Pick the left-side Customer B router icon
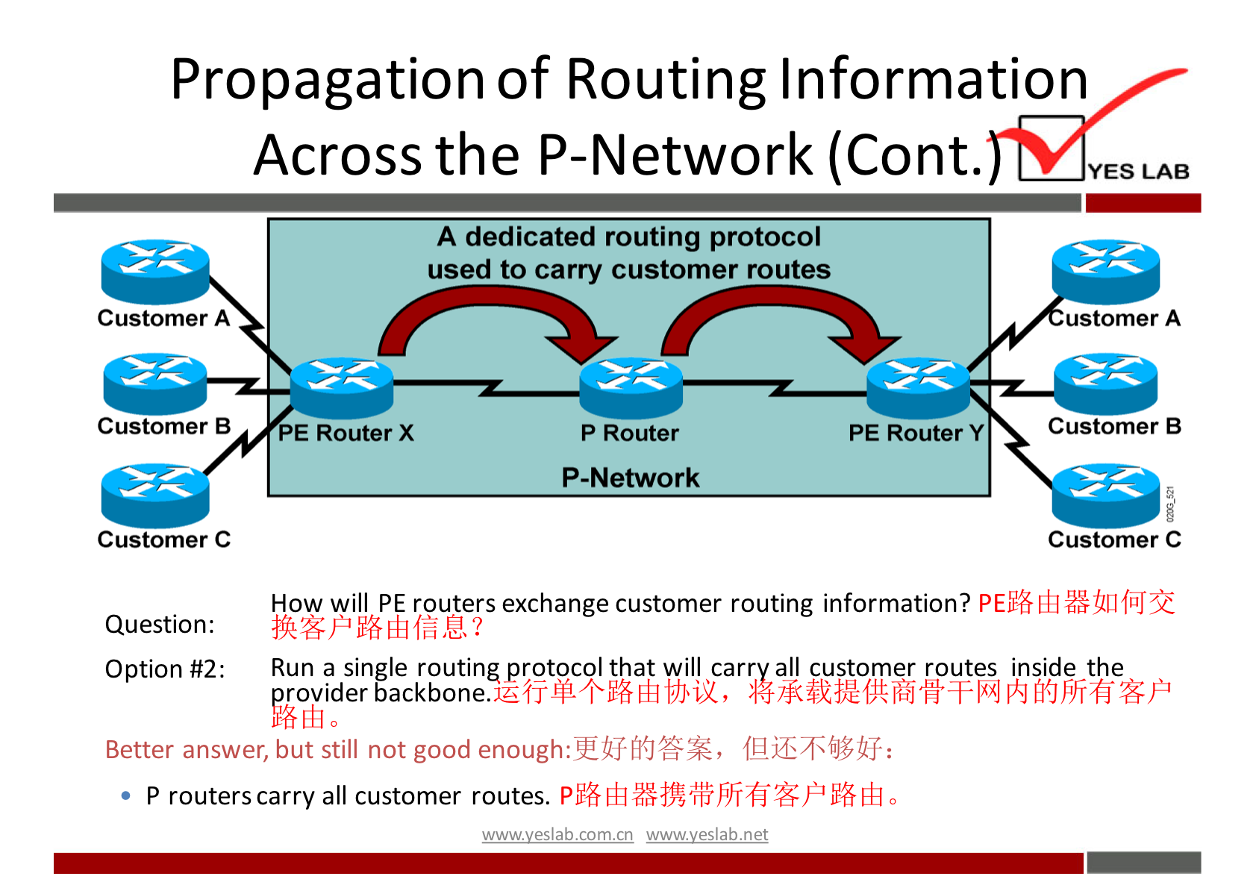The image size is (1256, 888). coord(155,383)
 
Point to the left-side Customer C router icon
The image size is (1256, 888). coord(155,495)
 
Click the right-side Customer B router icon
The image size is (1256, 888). coord(1105,383)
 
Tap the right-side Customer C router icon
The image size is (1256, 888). coord(1105,495)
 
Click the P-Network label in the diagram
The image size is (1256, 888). coord(631,478)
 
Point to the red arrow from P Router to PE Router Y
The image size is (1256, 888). coord(776,313)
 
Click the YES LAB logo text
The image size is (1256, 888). coord(1138,172)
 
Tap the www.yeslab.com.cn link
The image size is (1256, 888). coord(557,834)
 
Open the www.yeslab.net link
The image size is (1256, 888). coord(707,834)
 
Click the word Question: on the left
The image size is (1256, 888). coord(160,624)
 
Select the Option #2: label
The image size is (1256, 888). coord(164,669)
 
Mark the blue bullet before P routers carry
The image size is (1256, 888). coord(126,796)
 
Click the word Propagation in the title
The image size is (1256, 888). coord(328,80)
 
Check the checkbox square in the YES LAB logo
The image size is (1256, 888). coord(1051,148)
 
